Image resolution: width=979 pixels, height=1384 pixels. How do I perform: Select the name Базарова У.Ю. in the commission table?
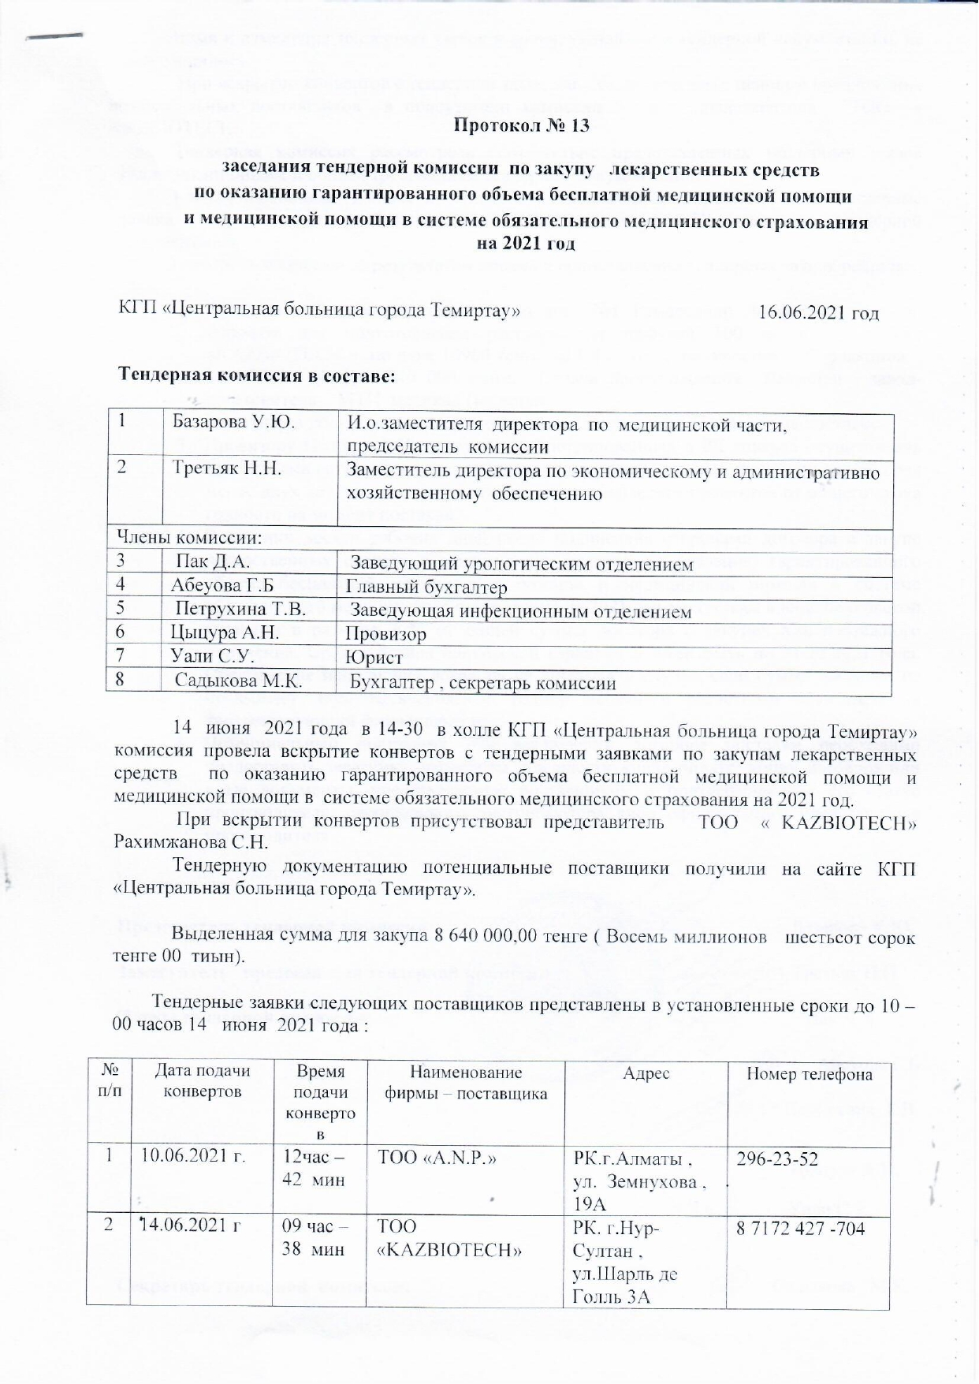234,422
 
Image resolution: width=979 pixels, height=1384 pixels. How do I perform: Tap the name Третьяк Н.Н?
227,468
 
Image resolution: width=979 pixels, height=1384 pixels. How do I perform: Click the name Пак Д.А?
213,562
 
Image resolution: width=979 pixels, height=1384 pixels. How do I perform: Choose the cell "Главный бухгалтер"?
426,588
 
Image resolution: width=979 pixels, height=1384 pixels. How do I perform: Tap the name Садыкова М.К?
238,680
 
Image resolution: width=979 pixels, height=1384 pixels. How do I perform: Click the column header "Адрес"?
646,1073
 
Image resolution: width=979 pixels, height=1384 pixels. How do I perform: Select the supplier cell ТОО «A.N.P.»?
441,1158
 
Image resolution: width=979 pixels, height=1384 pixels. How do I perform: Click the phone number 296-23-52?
776,1158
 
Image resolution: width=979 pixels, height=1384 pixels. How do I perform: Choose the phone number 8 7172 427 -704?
800,1227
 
